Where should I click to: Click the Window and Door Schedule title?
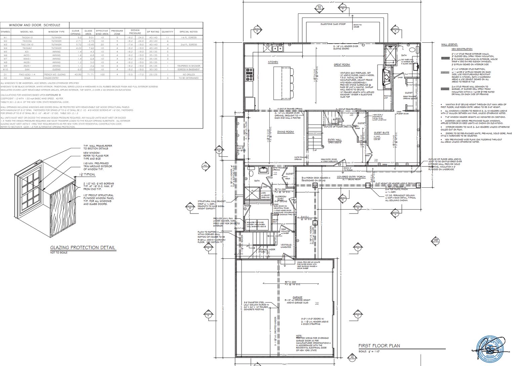35,25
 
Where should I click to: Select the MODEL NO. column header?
27,32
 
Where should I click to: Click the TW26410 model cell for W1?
27,37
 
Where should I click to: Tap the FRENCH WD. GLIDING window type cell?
56,74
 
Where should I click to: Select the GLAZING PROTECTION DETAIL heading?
83,248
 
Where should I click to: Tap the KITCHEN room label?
273,62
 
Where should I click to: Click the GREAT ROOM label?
342,65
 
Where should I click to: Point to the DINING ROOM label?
286,132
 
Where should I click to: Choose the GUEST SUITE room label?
381,133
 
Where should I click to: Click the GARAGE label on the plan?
297,297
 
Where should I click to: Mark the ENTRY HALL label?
335,140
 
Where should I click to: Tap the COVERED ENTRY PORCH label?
351,177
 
